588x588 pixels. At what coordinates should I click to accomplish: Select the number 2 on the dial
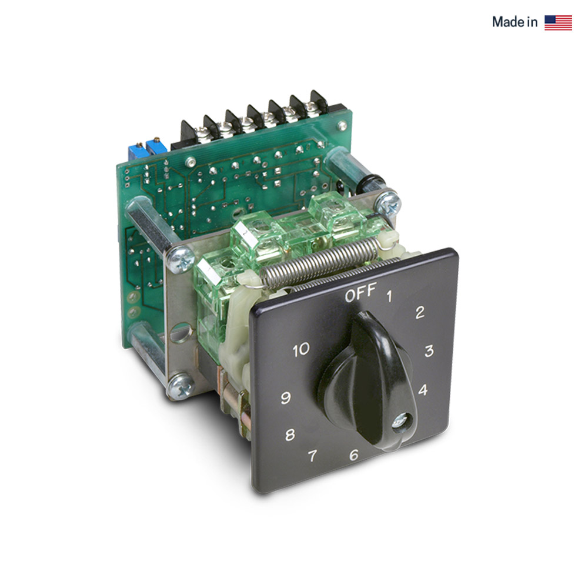click(420, 313)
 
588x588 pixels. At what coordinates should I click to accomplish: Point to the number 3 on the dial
click(429, 351)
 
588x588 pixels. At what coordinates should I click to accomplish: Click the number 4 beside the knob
click(422, 390)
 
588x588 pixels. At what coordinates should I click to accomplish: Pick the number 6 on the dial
click(353, 455)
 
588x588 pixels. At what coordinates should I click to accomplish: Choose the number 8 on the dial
click(290, 436)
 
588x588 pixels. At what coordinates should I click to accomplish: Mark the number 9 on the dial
click(286, 398)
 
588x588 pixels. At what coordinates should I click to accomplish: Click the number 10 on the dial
click(300, 350)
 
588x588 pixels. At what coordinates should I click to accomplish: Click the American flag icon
click(558, 22)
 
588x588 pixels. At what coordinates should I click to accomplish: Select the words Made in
click(514, 22)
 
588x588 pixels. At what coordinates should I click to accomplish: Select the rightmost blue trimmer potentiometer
click(156, 147)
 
